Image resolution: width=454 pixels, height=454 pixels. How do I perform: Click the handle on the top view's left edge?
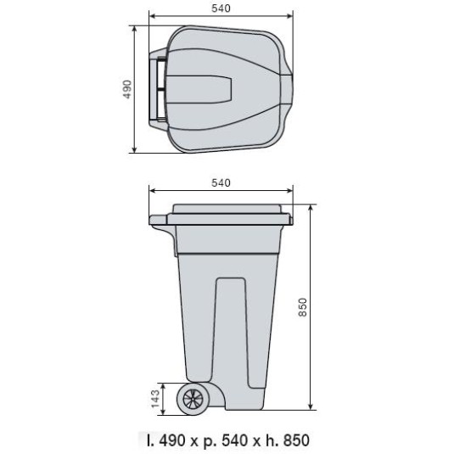point(157,89)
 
